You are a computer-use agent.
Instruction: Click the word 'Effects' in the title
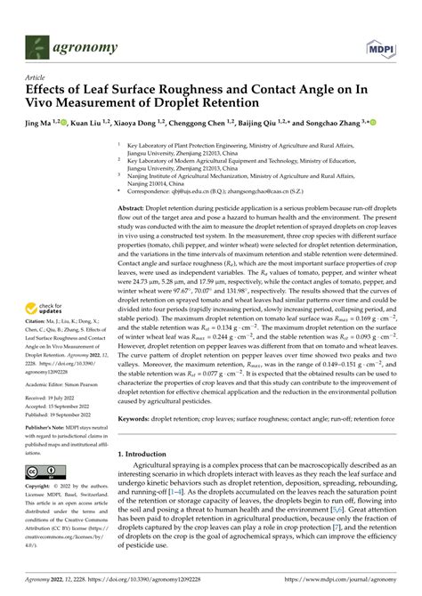click(x=49, y=90)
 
